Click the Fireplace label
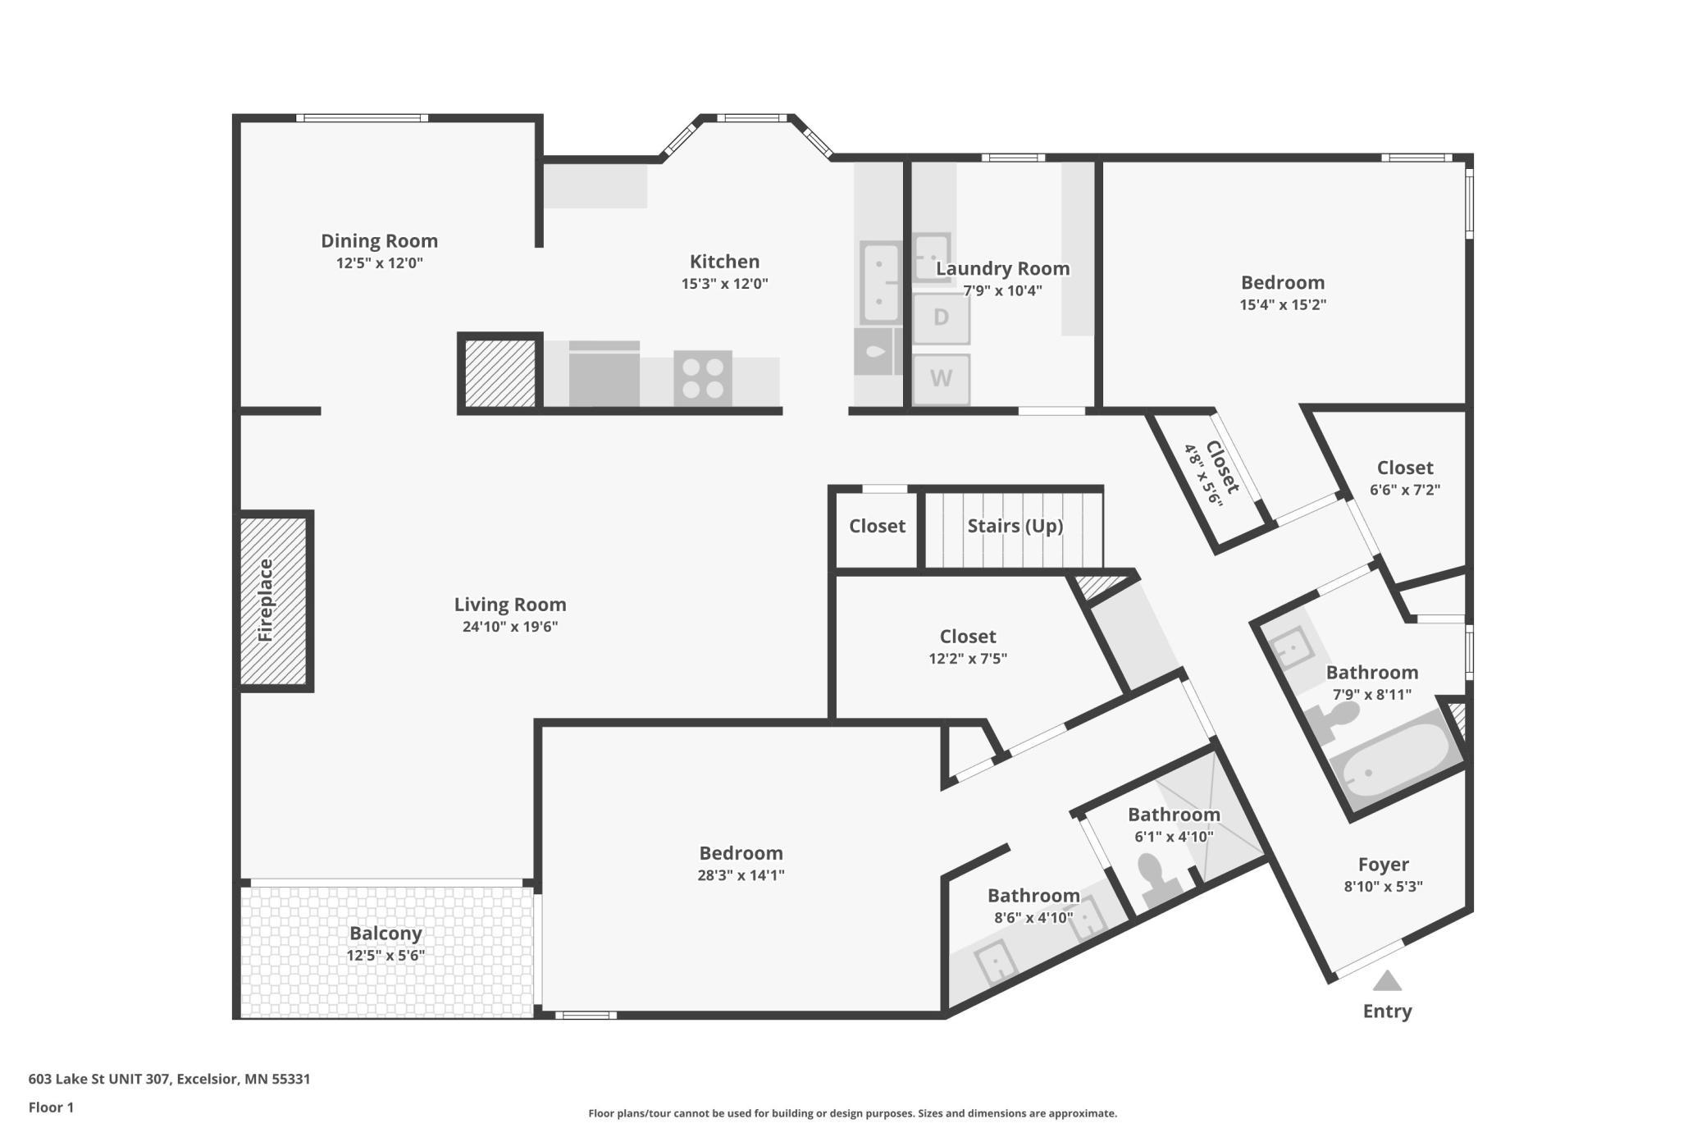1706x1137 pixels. point(265,600)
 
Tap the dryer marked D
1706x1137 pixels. point(941,317)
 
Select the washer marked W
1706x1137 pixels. point(941,379)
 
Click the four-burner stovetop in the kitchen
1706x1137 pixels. point(703,378)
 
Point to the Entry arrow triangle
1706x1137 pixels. point(1387,981)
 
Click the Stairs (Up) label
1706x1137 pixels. point(1015,526)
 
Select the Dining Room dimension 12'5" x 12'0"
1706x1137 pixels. point(379,263)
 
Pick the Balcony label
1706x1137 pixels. point(385,934)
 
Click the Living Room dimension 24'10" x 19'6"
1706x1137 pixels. point(510,627)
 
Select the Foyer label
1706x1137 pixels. point(1383,865)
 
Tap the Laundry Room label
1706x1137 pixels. point(1002,268)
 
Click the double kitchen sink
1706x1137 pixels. point(879,282)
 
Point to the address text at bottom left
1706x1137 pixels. point(169,1079)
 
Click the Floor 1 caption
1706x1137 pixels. point(51,1107)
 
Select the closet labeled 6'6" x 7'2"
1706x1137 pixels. point(1404,478)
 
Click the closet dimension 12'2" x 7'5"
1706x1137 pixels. point(968,659)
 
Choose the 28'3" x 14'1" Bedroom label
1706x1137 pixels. point(741,853)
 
